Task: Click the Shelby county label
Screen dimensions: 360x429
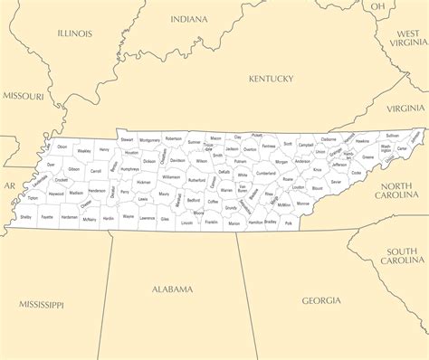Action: point(25,217)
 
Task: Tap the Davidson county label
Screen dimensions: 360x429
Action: point(177,160)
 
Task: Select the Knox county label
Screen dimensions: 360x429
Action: point(317,169)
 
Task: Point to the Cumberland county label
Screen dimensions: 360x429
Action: point(265,173)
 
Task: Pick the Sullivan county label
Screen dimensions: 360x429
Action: point(392,135)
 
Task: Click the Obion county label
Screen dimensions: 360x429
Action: point(62,147)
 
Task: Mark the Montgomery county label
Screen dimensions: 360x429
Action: point(149,140)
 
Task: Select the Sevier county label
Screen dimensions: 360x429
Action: point(336,182)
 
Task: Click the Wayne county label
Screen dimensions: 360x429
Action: point(129,217)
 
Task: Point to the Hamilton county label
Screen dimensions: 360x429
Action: point(255,222)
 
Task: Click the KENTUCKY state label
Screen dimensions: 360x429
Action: point(272,79)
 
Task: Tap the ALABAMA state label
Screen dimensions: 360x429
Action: point(172,289)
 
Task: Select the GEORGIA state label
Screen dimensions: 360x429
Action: point(321,299)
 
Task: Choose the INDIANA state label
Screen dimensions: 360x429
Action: point(188,18)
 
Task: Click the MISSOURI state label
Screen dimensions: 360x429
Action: point(23,95)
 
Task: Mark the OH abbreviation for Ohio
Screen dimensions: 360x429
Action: point(378,6)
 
